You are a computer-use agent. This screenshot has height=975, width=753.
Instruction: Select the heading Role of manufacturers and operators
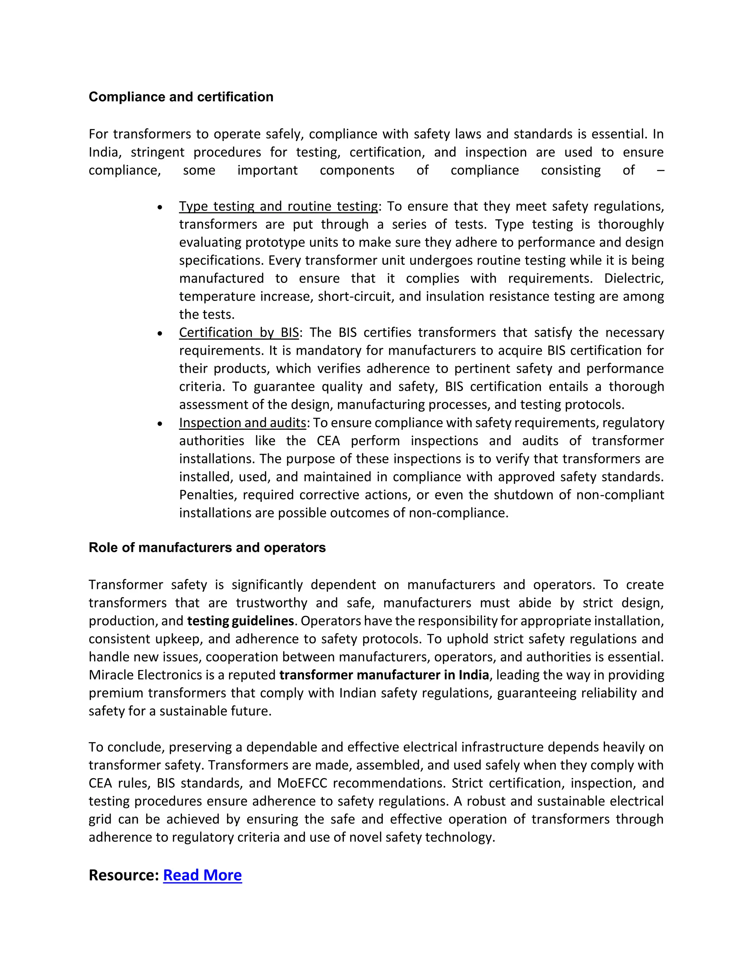[x=207, y=547]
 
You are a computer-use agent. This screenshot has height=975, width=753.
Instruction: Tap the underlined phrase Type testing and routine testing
[x=278, y=206]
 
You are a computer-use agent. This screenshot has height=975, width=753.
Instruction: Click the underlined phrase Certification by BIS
[x=239, y=333]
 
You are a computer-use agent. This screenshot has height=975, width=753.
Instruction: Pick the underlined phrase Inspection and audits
[x=243, y=423]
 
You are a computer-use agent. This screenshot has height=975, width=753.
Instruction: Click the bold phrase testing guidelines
[x=240, y=621]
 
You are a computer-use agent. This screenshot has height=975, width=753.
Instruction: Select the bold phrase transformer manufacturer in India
[x=384, y=675]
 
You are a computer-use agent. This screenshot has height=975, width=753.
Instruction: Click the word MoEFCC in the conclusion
[x=302, y=783]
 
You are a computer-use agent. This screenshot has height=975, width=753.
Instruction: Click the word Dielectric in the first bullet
[x=634, y=279]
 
